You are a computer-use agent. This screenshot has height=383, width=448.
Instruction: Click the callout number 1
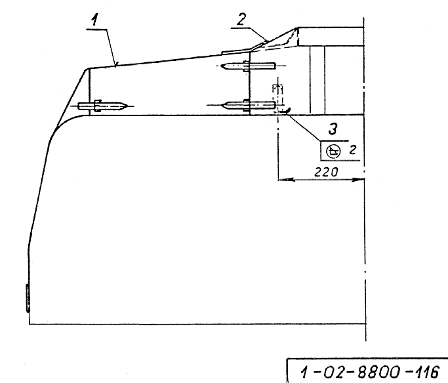(x=94, y=20)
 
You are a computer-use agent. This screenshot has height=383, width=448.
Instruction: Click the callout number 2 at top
(x=241, y=19)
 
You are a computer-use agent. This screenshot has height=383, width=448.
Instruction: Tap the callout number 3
(x=333, y=129)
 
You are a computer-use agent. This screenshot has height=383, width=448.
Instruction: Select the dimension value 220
(x=326, y=172)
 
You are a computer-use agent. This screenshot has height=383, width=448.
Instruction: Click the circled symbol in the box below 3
(x=333, y=151)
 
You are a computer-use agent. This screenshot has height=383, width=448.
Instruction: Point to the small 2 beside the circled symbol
(x=353, y=150)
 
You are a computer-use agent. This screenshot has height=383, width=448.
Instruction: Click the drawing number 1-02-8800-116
(x=369, y=372)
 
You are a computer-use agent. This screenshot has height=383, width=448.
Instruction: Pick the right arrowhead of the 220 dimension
(x=357, y=180)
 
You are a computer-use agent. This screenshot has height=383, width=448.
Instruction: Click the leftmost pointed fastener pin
(x=102, y=106)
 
